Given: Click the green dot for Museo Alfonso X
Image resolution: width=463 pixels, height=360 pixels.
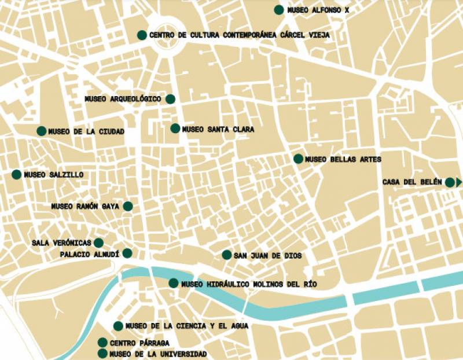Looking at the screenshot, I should tap(279, 9).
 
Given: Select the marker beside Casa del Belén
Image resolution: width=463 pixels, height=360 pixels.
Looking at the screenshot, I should tap(449, 182).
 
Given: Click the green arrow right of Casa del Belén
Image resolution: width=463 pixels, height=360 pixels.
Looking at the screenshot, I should tap(459, 182).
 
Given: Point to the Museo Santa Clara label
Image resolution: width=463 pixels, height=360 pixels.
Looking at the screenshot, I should tap(218, 129).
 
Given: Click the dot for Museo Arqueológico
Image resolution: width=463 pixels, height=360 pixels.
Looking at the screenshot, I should tap(170, 99).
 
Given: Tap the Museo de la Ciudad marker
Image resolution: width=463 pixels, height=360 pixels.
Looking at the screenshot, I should tap(42, 131).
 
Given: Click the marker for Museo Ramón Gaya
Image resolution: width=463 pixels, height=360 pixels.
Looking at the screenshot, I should tap(128, 206).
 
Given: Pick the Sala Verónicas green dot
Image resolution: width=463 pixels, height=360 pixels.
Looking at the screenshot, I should tap(98, 243).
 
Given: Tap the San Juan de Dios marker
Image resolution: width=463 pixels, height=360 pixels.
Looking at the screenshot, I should tap(227, 255).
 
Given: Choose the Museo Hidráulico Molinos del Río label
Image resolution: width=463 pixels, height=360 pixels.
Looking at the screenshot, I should tap(249, 284).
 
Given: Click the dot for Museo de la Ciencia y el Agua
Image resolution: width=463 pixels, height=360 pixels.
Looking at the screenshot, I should tap(119, 326).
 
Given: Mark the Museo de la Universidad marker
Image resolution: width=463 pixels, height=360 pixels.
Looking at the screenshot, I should tap(103, 354).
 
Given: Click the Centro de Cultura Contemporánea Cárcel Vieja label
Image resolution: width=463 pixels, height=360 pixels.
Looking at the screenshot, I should tap(239, 35).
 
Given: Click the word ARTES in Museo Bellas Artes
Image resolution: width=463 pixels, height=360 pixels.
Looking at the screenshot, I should tap(368, 159).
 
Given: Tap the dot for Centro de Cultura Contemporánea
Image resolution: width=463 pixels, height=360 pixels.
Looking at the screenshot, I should tap(142, 35).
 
